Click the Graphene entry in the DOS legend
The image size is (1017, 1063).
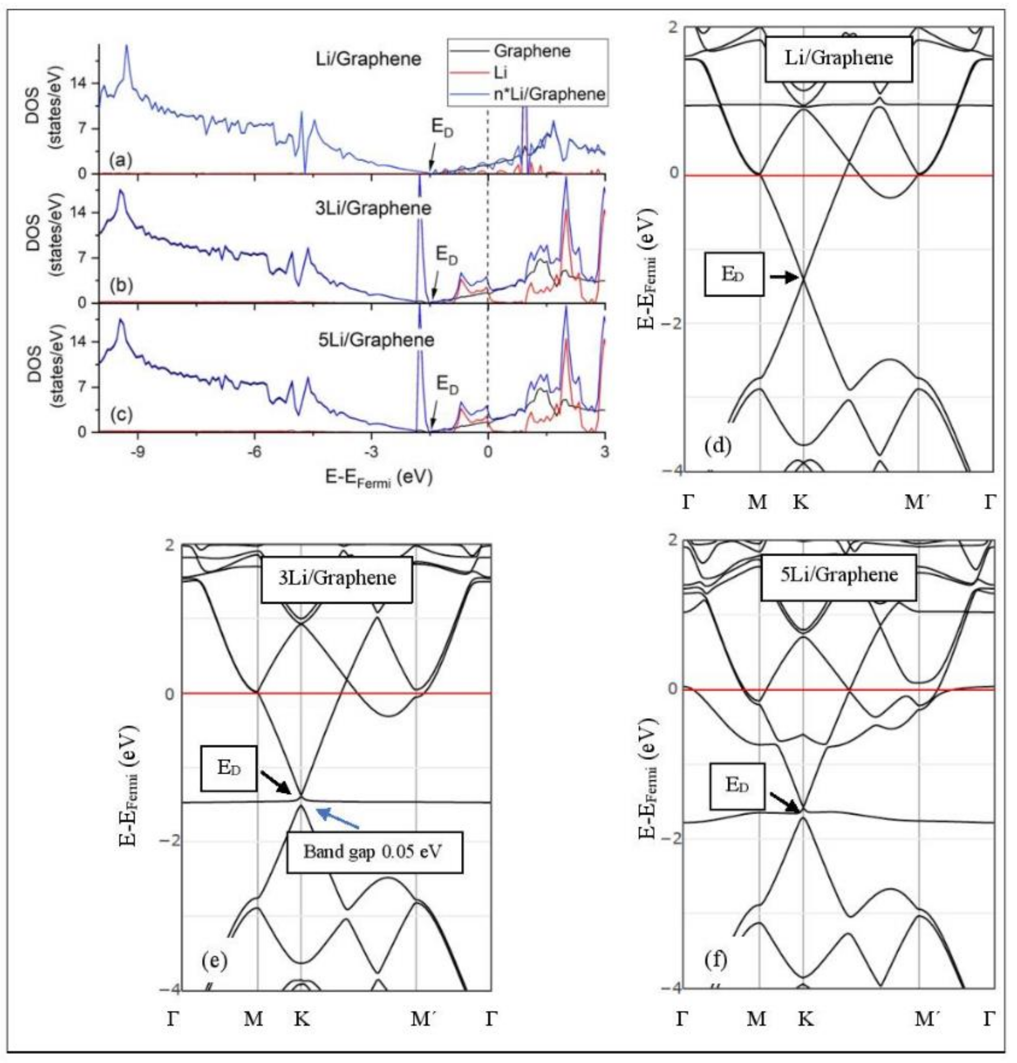pyautogui.click(x=531, y=52)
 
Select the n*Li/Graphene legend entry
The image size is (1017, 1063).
pyautogui.click(x=549, y=94)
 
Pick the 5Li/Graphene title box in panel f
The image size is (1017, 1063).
pyautogui.click(x=839, y=575)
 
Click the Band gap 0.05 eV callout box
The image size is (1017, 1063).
pyautogui.click(x=374, y=852)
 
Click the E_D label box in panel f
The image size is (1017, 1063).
pyautogui.click(x=737, y=786)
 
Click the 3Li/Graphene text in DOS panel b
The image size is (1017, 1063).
pyautogui.click(x=373, y=209)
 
